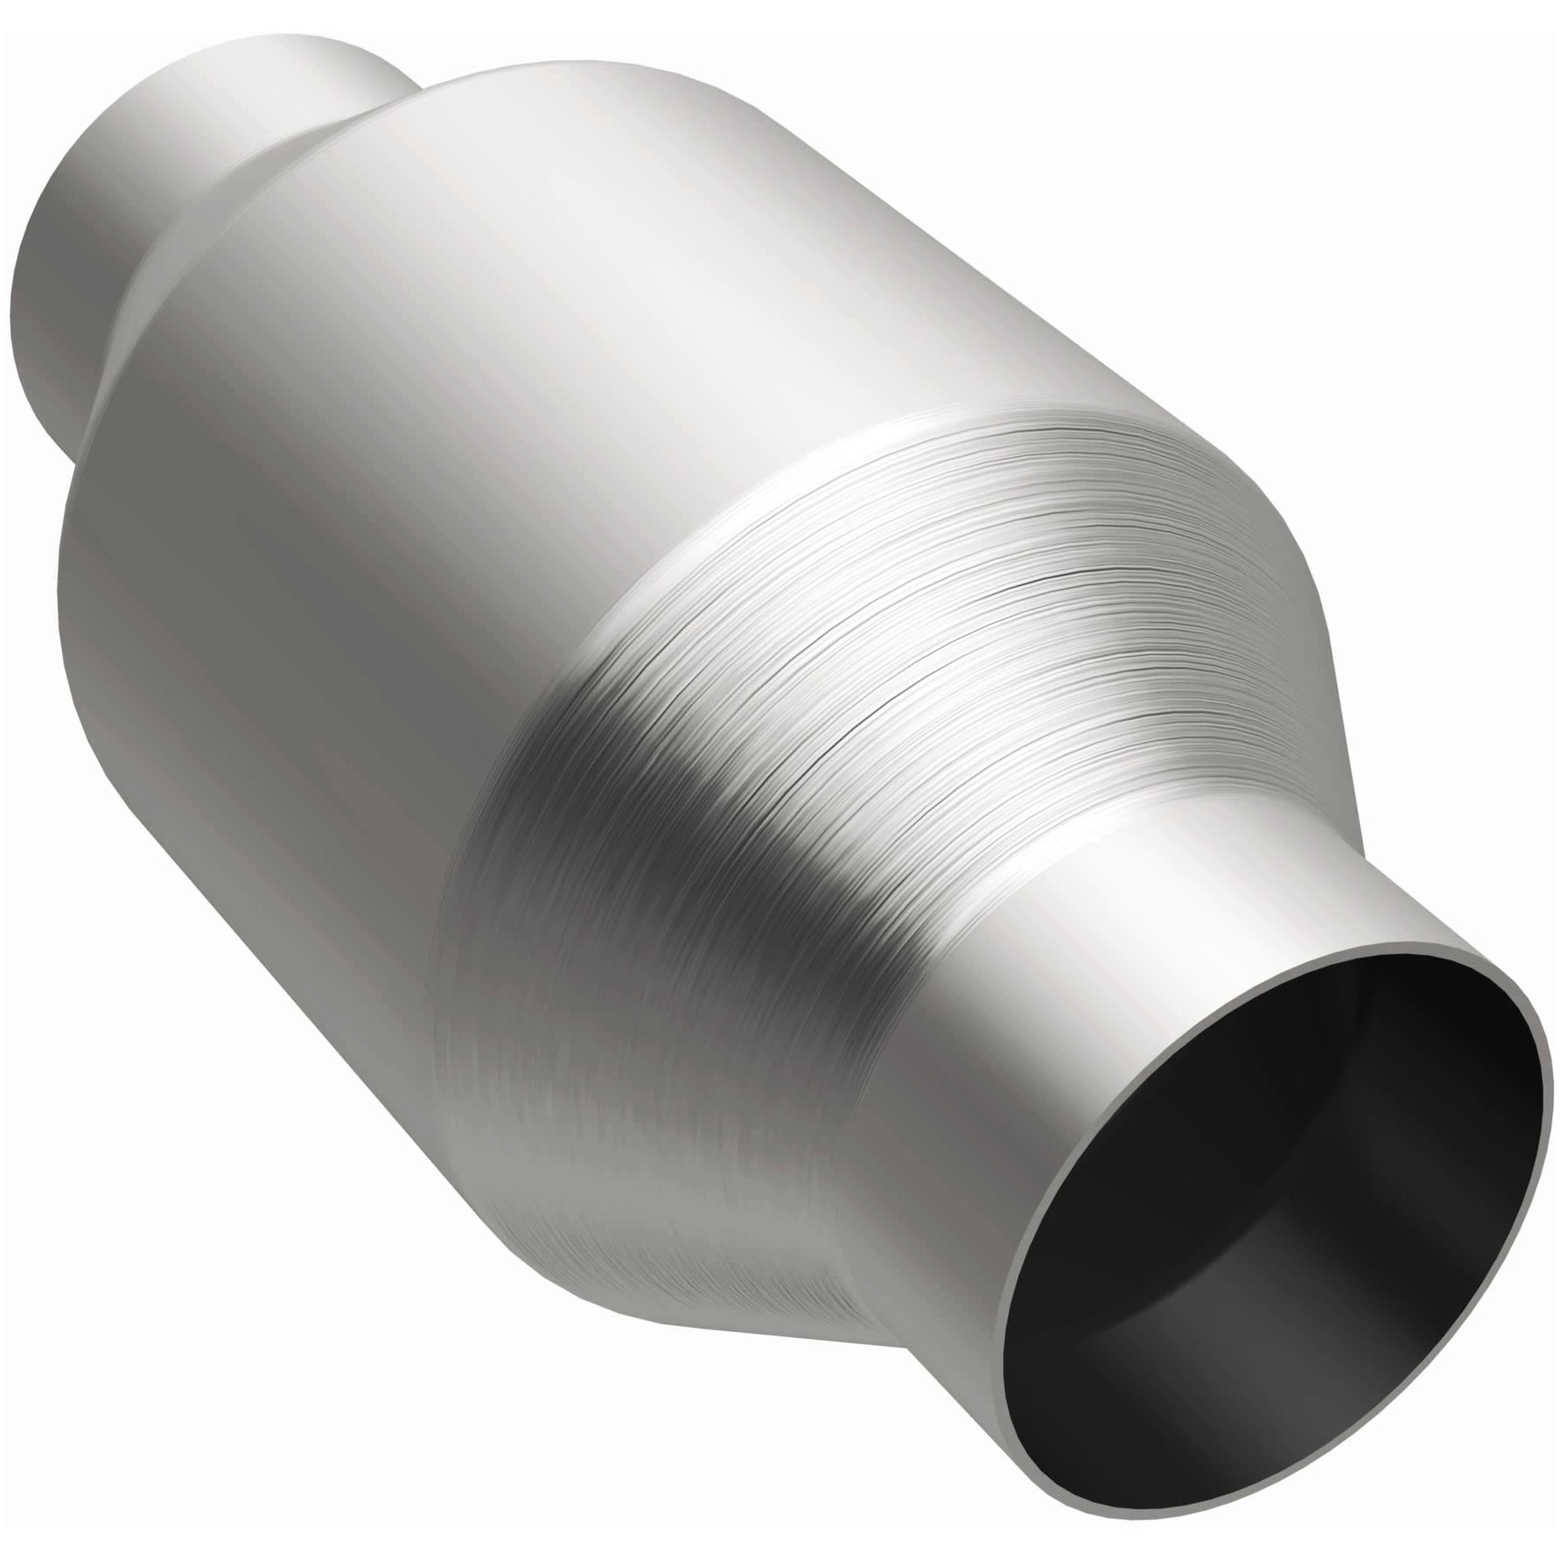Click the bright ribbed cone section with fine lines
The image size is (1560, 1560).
point(969,606)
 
